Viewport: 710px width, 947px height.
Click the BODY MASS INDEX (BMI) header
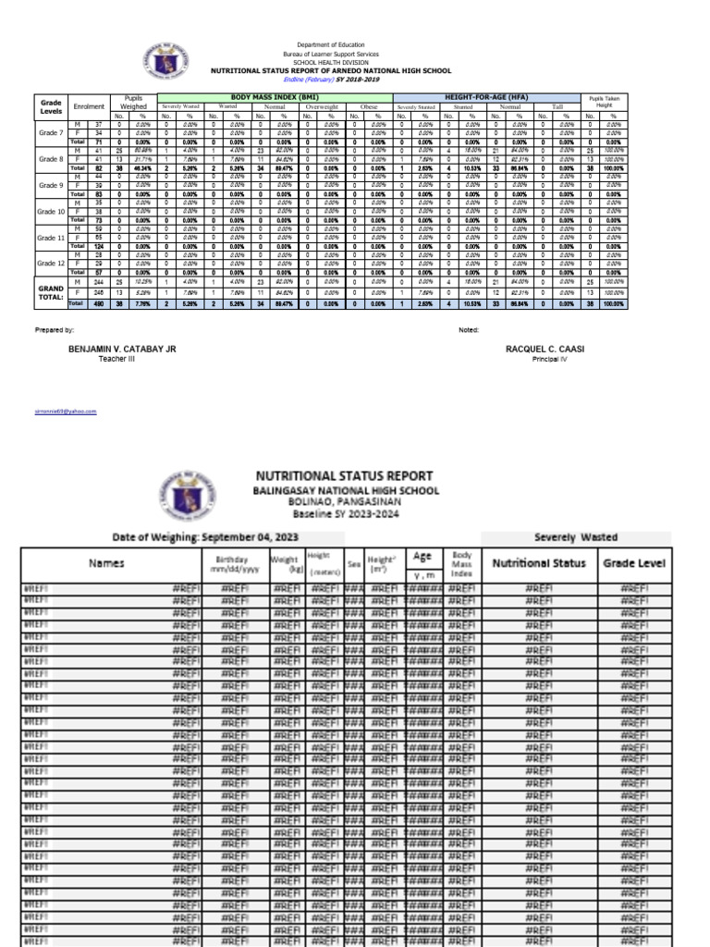click(275, 96)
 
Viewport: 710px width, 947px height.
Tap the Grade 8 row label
click(51, 159)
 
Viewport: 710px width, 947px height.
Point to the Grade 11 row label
click(51, 238)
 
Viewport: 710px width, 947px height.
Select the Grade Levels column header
click(51, 106)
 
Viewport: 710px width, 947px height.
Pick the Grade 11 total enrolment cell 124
click(98, 246)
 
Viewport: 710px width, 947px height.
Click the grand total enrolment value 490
click(98, 302)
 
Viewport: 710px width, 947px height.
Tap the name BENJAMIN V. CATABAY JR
click(122, 349)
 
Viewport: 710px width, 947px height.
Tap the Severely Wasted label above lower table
click(576, 536)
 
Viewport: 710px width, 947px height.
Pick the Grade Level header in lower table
click(634, 562)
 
